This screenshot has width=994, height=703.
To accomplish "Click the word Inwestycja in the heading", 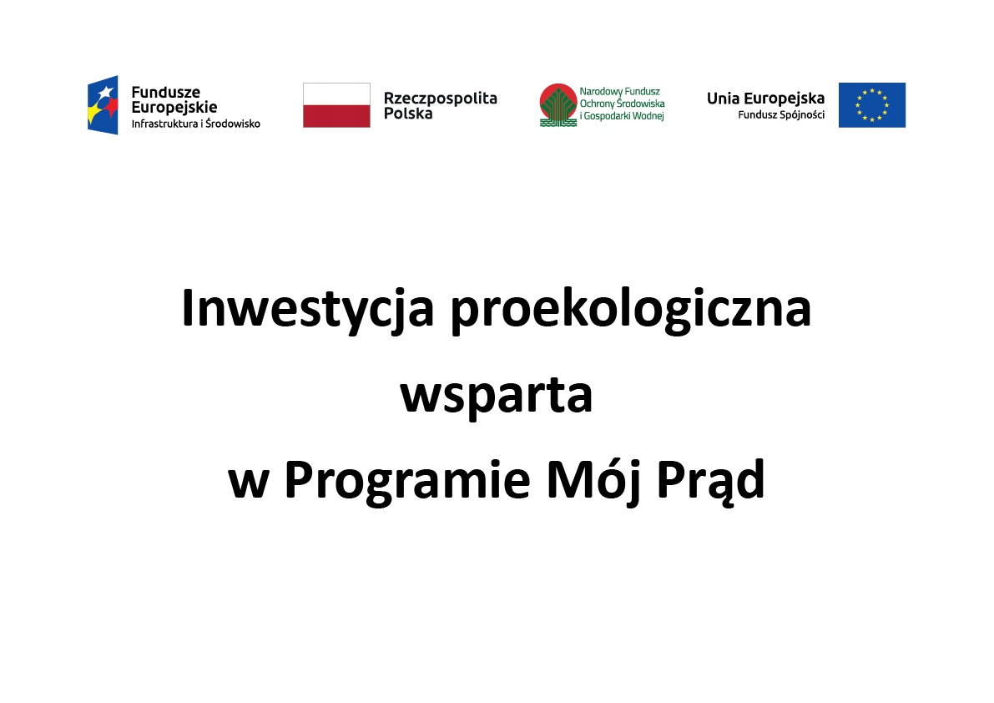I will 307,309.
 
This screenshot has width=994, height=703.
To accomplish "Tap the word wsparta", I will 497,396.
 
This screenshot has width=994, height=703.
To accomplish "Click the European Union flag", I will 871,104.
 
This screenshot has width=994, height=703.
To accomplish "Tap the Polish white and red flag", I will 336,104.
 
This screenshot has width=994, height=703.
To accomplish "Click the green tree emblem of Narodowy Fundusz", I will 556,104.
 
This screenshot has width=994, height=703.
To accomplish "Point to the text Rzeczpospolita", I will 440,98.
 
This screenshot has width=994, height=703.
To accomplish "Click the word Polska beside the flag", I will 408,114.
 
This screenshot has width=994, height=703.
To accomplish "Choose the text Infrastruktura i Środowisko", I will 196,124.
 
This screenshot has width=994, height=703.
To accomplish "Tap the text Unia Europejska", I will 765,98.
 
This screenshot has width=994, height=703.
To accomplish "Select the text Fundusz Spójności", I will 781,114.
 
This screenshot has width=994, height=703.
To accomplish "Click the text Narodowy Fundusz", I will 619,91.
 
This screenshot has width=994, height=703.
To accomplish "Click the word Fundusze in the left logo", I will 166,92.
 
